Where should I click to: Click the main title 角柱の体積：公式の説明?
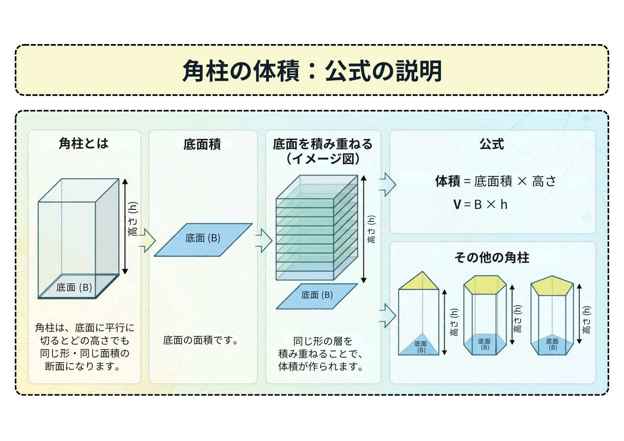click(312, 71)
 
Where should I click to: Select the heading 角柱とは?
click(83, 144)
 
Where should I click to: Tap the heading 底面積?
click(202, 144)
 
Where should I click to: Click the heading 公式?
click(492, 144)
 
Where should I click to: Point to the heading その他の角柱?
click(492, 257)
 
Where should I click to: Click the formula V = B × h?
click(480, 204)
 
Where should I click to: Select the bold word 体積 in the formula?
click(448, 181)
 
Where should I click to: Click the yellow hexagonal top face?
click(485, 284)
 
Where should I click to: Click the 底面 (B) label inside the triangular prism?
click(421, 347)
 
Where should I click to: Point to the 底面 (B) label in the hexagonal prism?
click(484, 344)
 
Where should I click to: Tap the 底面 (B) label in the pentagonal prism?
click(552, 344)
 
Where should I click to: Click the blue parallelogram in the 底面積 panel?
click(203, 240)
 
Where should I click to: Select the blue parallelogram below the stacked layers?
click(317, 296)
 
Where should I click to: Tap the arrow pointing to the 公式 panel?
click(388, 184)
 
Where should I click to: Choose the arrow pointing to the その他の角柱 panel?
click(388, 315)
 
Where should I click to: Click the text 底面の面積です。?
click(200, 340)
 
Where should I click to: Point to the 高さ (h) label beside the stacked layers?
click(372, 229)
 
